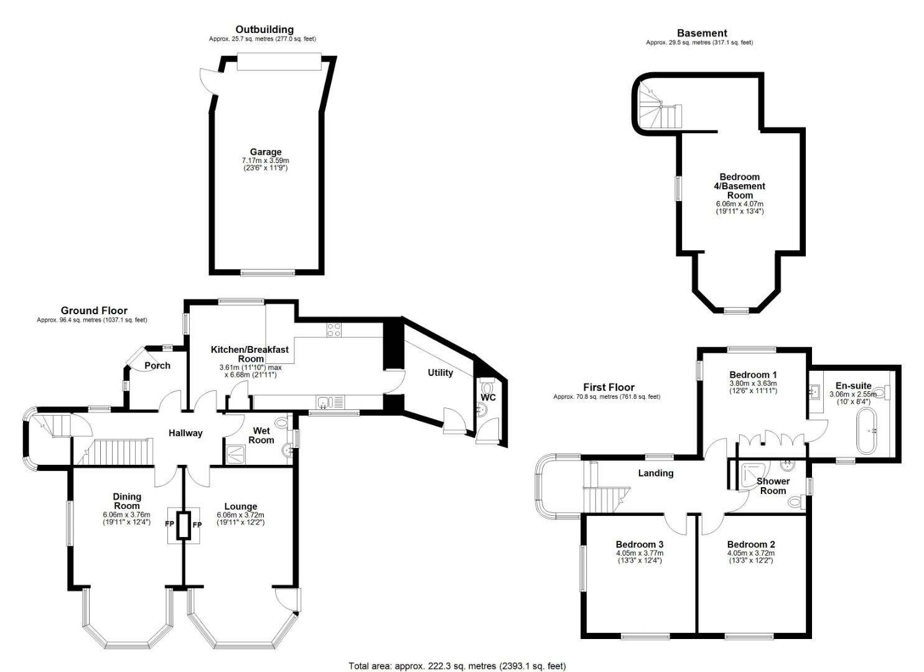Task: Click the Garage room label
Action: [266, 152]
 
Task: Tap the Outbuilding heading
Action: [264, 29]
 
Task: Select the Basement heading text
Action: [702, 33]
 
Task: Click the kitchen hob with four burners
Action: [334, 330]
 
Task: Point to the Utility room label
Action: [440, 373]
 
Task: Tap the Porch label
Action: [157, 365]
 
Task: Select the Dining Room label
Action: [127, 501]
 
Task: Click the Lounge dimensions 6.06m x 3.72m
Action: [240, 515]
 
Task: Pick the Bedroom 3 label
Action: [640, 544]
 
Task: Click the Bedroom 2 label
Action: [750, 544]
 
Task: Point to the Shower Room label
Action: [773, 486]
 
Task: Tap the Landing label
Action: [655, 473]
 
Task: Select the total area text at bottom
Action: [457, 666]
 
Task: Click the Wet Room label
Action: [261, 435]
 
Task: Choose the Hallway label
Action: [185, 433]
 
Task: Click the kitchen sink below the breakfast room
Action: [330, 402]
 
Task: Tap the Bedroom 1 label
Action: [753, 375]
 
